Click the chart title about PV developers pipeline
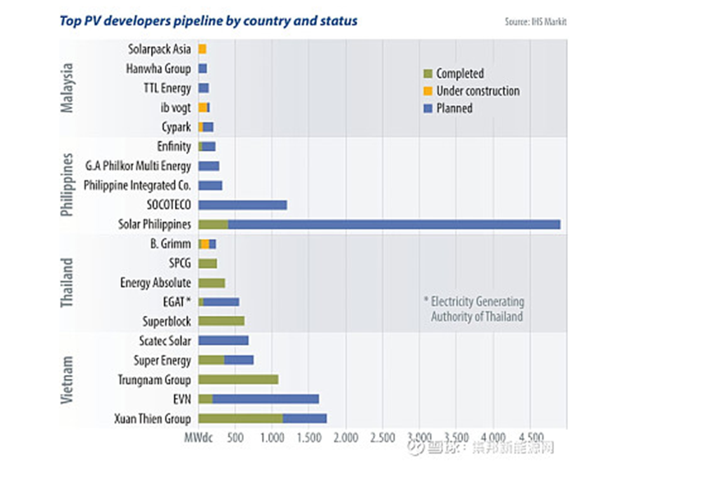[x=209, y=21]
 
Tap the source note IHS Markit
[x=535, y=21]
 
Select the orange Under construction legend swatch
[x=428, y=91]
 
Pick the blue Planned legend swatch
[x=428, y=108]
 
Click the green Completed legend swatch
[x=428, y=74]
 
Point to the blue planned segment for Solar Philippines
[x=394, y=225]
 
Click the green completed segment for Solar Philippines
[x=213, y=225]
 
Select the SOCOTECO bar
[x=243, y=204]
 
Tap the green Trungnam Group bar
[x=238, y=380]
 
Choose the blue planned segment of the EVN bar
[x=265, y=400]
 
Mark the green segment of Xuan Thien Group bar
[x=240, y=419]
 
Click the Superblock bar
[x=222, y=321]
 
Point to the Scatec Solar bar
[x=223, y=341]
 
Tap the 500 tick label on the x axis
[x=235, y=438]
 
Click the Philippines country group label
[x=70, y=185]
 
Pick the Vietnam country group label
[x=70, y=380]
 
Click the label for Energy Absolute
[x=155, y=283]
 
